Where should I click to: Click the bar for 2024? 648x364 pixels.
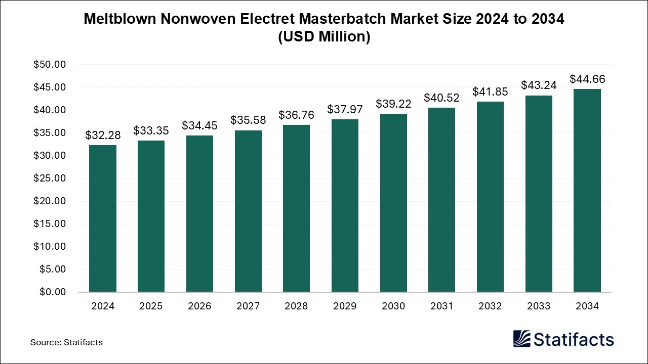pos(102,218)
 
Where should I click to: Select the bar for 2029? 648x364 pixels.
pos(345,206)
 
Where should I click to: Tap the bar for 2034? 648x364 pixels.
pos(587,191)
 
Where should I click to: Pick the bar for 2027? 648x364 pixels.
pos(248,211)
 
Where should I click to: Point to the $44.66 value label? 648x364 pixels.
pos(587,79)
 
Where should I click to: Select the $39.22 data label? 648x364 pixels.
pos(393,104)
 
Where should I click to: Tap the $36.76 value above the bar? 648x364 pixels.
pos(296,115)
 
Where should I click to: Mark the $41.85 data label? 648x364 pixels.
pos(490,92)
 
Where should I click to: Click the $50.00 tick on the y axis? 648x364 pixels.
pos(50,65)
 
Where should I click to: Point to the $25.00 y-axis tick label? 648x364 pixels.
pos(50,178)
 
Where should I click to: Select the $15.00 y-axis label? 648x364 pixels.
pos(50,224)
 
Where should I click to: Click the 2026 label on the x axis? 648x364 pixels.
pos(199,306)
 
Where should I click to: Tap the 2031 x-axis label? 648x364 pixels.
pos(442,306)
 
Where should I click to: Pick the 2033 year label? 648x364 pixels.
pos(539,306)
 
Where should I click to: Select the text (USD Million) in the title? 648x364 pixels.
pos(324,37)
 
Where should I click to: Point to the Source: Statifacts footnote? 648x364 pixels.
pos(66,342)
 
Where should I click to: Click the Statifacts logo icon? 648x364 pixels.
pos(522,339)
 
